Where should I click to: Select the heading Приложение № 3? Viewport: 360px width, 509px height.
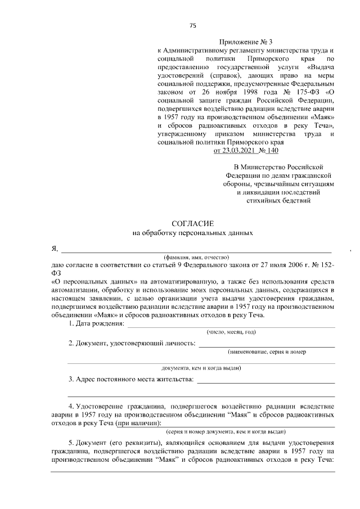[x=245, y=42]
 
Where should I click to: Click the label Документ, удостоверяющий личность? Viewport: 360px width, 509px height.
[x=132, y=344]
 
